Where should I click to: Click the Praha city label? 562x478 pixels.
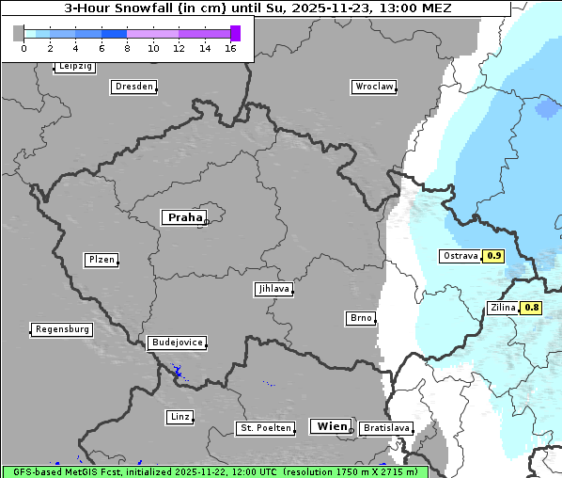pyautogui.click(x=184, y=217)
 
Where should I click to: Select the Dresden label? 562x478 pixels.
pyautogui.click(x=133, y=87)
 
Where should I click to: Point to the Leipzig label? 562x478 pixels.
pyautogui.click(x=74, y=67)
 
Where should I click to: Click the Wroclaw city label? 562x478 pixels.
pyautogui.click(x=373, y=87)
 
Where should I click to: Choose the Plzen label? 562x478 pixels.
pyautogui.click(x=101, y=260)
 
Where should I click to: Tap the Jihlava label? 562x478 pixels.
pyautogui.click(x=273, y=290)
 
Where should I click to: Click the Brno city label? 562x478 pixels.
pyautogui.click(x=361, y=318)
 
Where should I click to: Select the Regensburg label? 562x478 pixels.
pyautogui.click(x=62, y=329)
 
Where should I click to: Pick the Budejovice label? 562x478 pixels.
pyautogui.click(x=176, y=343)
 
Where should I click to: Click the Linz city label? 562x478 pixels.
pyautogui.click(x=180, y=417)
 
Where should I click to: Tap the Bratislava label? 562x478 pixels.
pyautogui.click(x=385, y=428)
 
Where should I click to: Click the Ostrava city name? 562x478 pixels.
pyautogui.click(x=460, y=256)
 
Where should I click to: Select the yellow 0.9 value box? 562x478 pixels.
pyautogui.click(x=494, y=256)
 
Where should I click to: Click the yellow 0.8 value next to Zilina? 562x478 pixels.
pyautogui.click(x=531, y=308)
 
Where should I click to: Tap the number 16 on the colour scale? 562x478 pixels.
pyautogui.click(x=230, y=48)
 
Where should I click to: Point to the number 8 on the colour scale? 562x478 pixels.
pyautogui.click(x=127, y=48)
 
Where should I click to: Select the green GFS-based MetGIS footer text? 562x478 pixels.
pyautogui.click(x=214, y=471)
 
